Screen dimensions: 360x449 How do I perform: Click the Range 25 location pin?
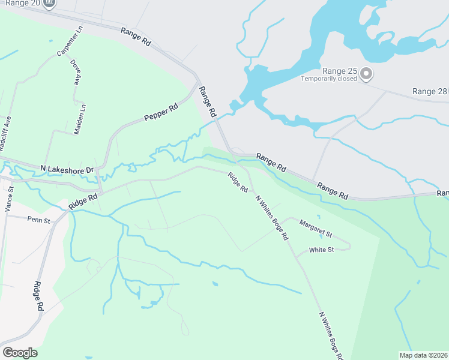point(366,74)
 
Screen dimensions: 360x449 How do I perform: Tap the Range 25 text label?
point(340,71)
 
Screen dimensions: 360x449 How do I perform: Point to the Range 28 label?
point(430,91)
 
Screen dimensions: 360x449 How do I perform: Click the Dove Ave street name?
point(75,71)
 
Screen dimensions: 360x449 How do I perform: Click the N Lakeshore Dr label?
point(67,170)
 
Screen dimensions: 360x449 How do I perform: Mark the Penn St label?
point(39,220)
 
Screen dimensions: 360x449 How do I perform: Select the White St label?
point(321,250)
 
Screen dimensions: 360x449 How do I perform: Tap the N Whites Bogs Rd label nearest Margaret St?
point(271,217)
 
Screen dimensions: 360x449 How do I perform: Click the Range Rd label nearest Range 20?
point(136,37)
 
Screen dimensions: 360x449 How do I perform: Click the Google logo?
point(20,353)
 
